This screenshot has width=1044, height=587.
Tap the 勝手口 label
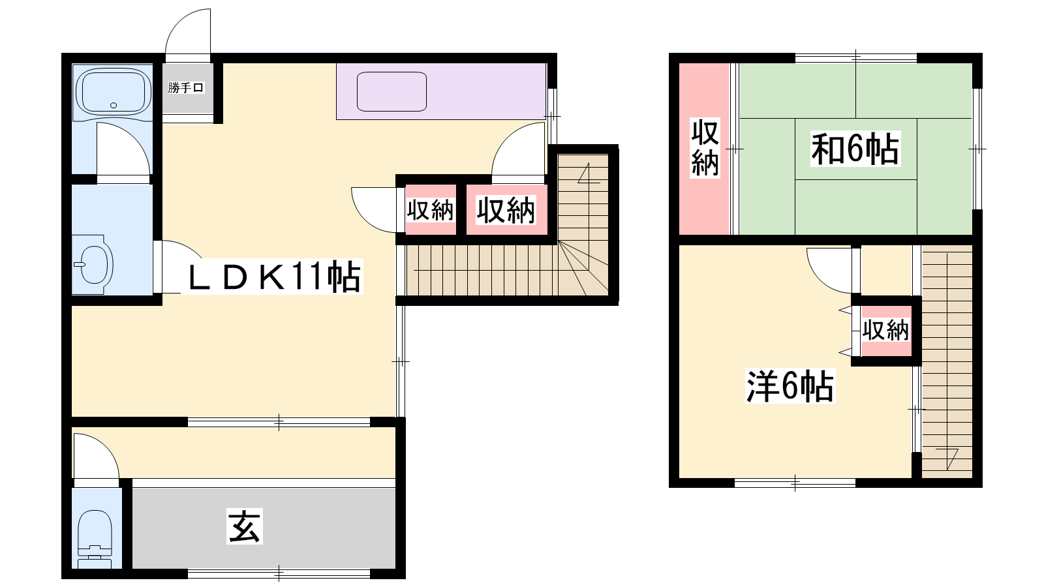point(186,87)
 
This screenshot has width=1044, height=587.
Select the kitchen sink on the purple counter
point(391,91)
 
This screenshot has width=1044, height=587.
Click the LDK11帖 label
point(274,276)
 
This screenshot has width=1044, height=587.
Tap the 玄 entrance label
point(245,526)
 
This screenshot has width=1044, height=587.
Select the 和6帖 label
point(855,149)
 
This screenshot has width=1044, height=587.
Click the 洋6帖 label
point(790,385)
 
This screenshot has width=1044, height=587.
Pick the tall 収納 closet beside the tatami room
point(704,149)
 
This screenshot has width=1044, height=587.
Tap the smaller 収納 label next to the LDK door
point(430,210)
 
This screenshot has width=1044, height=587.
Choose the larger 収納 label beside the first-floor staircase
point(506,210)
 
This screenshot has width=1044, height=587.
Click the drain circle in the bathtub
point(114,105)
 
